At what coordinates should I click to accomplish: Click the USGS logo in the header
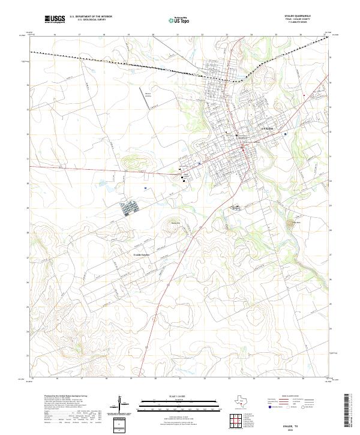[x=55, y=20]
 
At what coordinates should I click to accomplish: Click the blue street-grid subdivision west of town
[x=131, y=209]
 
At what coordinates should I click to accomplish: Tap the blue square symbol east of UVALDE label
[x=286, y=134]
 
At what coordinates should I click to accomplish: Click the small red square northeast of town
[x=304, y=95]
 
